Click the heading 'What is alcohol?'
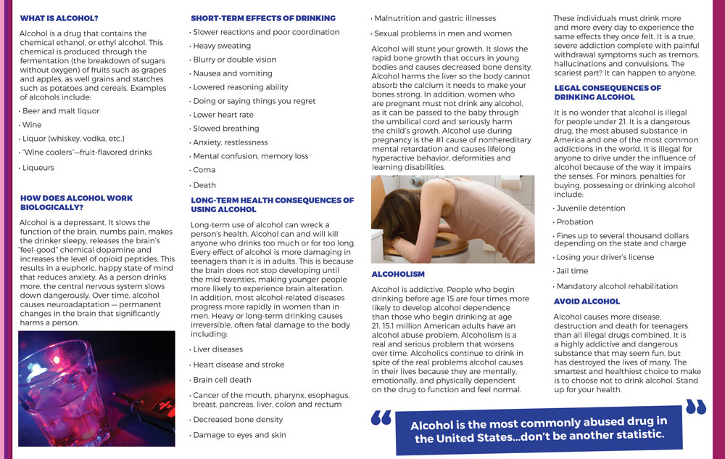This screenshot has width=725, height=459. pyautogui.click(x=59, y=17)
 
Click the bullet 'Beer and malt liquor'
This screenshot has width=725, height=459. pyautogui.click(x=60, y=111)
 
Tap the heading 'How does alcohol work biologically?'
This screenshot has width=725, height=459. pyautogui.click(x=76, y=203)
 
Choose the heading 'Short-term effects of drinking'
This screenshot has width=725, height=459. pyautogui.click(x=263, y=17)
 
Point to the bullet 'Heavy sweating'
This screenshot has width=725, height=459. pyautogui.click(x=222, y=46)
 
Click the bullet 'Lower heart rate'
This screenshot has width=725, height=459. pyautogui.click(x=223, y=115)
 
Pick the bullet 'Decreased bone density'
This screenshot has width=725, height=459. pyautogui.click(x=238, y=420)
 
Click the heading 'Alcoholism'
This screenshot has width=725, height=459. pyautogui.click(x=398, y=275)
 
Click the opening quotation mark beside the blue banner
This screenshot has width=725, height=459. pyautogui.click(x=381, y=419)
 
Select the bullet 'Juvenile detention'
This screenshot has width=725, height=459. pyautogui.click(x=590, y=208)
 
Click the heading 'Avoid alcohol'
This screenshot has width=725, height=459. pyautogui.click(x=587, y=301)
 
